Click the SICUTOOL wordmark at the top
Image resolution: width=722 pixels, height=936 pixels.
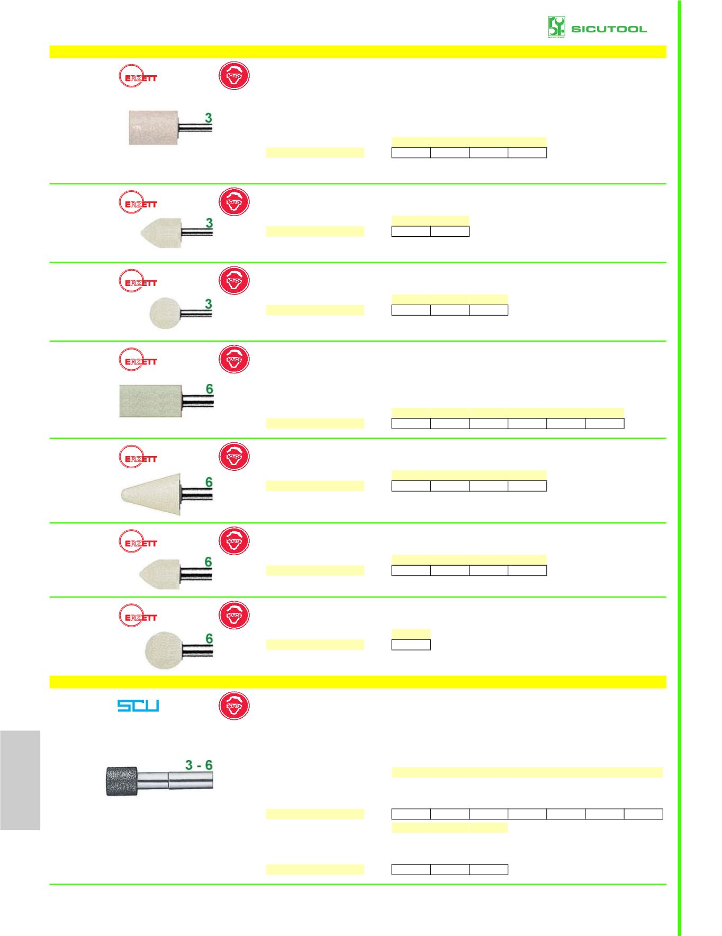pos(609,29)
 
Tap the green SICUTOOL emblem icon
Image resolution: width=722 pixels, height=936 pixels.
pos(556,27)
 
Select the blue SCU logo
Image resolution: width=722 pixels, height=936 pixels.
pos(138,706)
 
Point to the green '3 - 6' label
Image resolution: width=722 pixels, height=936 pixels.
pos(198,765)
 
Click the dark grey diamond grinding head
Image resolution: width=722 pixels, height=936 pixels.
pos(122,781)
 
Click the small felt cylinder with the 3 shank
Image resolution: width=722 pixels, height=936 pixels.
pos(153,128)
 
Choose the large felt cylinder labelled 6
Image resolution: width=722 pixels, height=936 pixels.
pos(150,401)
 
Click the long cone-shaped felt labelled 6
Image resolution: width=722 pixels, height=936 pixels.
pos(151,494)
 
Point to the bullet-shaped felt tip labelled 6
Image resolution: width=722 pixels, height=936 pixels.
pos(160,573)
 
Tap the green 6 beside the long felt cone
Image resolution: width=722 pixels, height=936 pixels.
pos(209,482)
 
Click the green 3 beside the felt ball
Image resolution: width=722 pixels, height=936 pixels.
pos(209,304)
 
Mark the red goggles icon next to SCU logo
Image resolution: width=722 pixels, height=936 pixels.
pos(234,706)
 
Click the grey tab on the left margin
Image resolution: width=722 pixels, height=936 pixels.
pos(20,780)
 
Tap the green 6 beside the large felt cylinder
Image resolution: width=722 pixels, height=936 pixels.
pos(210,389)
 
